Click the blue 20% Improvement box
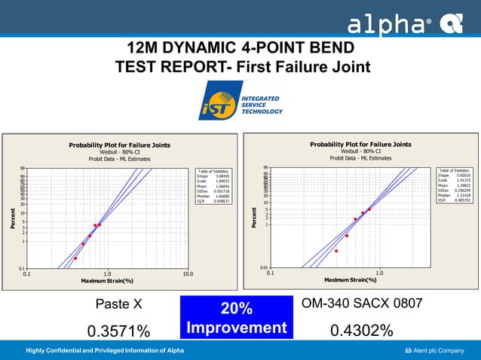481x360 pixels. click(x=236, y=318)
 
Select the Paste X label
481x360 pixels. click(x=118, y=305)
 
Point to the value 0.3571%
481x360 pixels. click(x=118, y=331)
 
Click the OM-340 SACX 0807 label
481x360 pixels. click(x=361, y=304)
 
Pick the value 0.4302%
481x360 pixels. click(x=362, y=331)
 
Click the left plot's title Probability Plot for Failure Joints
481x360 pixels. click(x=119, y=145)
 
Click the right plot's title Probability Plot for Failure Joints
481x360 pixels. click(x=360, y=144)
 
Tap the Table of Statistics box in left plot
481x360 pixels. click(x=213, y=186)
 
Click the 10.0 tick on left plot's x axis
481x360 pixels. click(x=186, y=274)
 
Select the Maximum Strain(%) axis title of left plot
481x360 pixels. click(x=107, y=281)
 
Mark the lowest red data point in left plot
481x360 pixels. click(x=75, y=258)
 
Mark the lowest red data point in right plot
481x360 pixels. click(x=336, y=251)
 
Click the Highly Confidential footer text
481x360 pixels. click(x=105, y=351)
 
